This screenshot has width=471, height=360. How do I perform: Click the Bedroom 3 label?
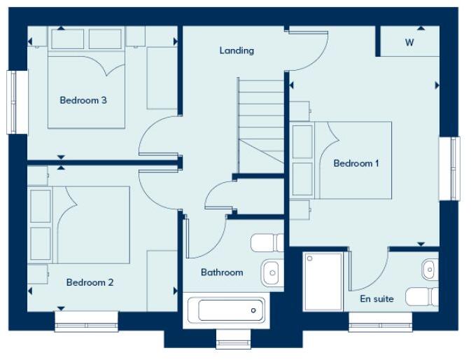(83, 100)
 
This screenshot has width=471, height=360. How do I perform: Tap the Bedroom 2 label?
(90, 282)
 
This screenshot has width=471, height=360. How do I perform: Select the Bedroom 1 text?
(356, 163)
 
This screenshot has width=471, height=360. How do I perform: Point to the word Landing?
(237, 50)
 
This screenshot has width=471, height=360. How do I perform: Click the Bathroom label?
(222, 272)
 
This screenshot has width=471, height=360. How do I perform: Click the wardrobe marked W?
(409, 42)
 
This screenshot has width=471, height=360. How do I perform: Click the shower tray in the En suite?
(323, 281)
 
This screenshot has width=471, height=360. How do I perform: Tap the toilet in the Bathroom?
(267, 242)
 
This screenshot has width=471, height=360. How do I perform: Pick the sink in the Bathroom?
(272, 272)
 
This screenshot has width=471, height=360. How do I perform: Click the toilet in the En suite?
(422, 296)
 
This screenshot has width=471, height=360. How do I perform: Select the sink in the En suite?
(429, 268)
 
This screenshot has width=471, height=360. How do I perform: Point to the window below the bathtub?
(232, 342)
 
